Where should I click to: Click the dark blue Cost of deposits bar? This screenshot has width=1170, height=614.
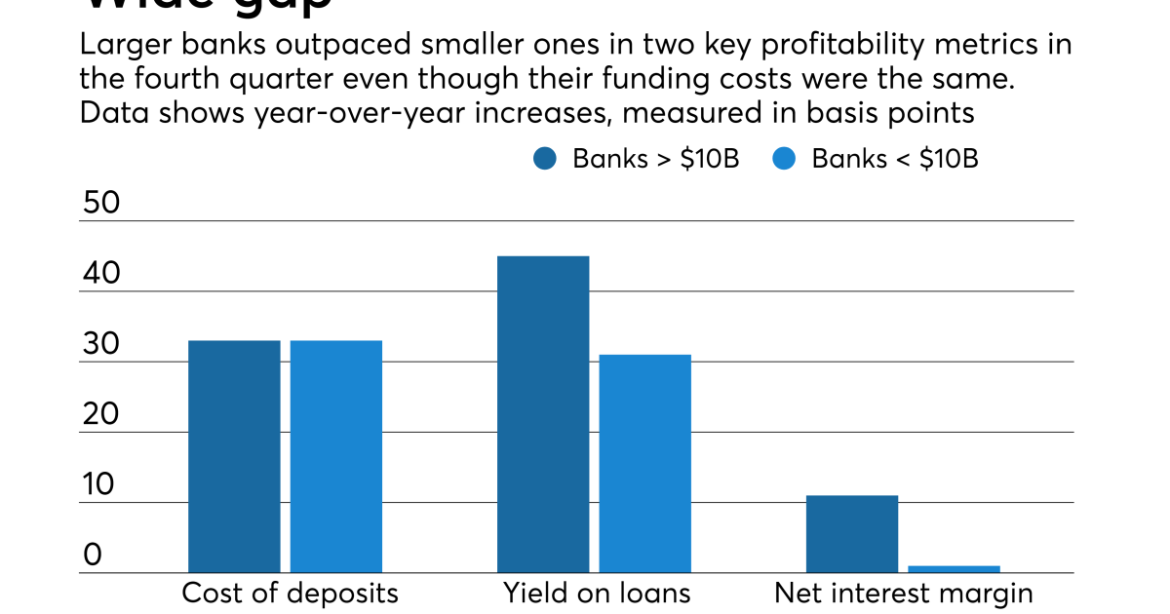234,456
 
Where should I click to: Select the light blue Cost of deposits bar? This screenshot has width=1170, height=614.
336,456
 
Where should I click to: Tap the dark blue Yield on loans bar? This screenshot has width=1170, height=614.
543,414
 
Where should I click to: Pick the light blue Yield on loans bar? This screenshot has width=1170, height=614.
645,463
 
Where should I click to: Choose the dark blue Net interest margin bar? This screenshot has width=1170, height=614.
852,534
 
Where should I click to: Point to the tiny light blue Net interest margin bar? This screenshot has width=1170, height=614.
954,569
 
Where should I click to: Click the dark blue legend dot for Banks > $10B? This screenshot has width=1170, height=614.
545,159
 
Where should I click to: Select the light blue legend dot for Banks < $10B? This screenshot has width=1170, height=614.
784,159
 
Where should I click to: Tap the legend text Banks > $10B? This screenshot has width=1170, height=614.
655,159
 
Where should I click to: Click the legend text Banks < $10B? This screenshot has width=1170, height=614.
894,159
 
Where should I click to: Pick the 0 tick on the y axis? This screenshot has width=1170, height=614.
92,556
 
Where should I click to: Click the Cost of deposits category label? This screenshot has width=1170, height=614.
291,594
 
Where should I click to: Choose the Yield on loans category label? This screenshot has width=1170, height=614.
597,594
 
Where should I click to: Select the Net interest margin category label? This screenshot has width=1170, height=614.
904,594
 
